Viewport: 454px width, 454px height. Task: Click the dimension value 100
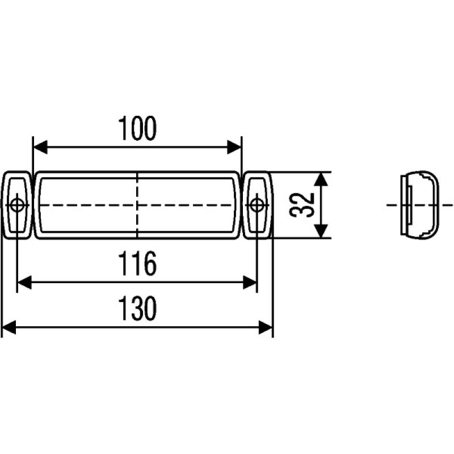coord(137,129)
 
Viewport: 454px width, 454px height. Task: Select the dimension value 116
coord(137,264)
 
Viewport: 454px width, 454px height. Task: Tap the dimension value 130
coord(137,309)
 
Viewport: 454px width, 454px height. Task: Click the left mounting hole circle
coord(17,204)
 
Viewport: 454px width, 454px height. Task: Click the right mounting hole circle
coord(257,204)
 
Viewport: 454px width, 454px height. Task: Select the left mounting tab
coord(16,204)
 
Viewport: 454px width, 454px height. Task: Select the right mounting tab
coord(258,204)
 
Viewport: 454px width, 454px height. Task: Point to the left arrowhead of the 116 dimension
coord(24,282)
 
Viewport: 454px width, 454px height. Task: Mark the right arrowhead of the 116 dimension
coord(250,282)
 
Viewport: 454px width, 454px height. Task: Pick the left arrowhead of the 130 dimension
coord(9,327)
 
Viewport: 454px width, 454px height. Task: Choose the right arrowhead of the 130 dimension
coord(266,327)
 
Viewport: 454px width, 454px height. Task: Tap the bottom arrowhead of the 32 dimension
coord(321,230)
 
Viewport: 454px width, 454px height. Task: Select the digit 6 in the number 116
coord(149,264)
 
